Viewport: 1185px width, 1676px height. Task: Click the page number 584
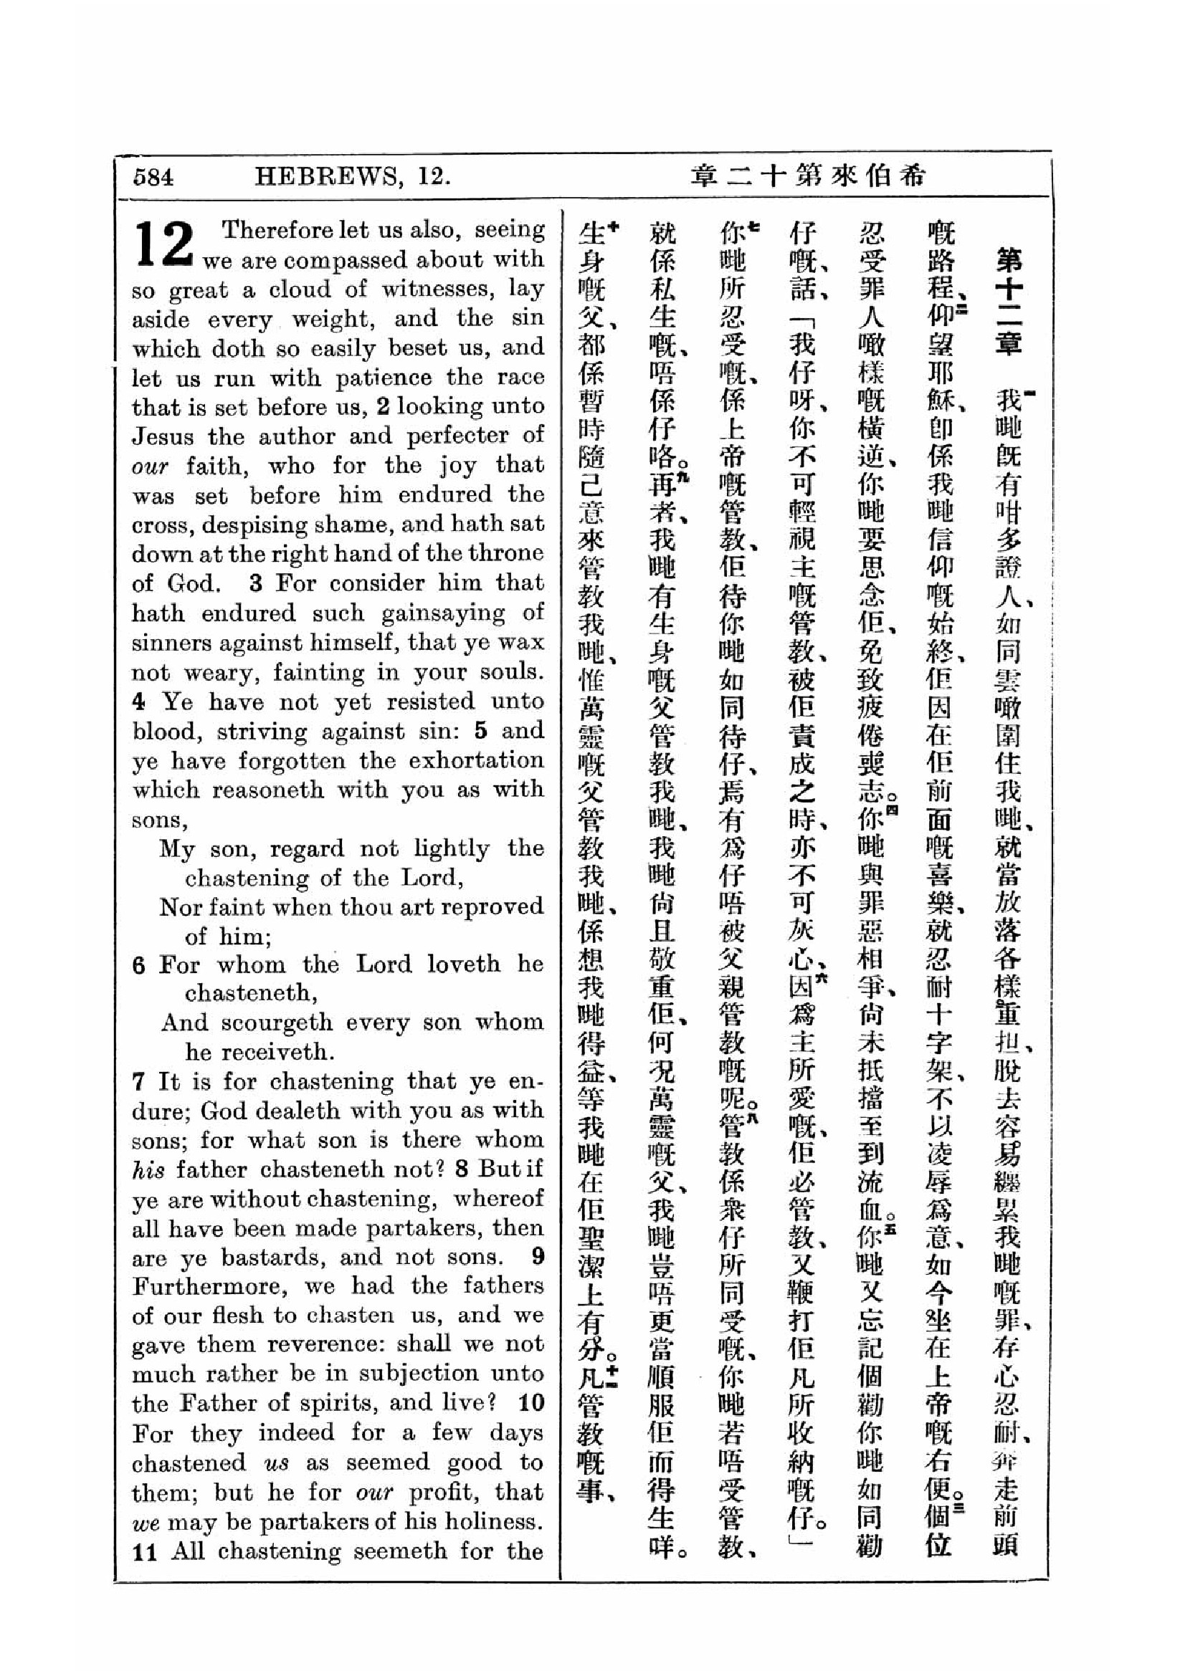[x=153, y=177]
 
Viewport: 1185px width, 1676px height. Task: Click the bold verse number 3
[x=255, y=583]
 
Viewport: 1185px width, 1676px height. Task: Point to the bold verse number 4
[x=139, y=701]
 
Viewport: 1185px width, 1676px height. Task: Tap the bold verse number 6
[x=139, y=965]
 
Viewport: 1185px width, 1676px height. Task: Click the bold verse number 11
[x=146, y=1551]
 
